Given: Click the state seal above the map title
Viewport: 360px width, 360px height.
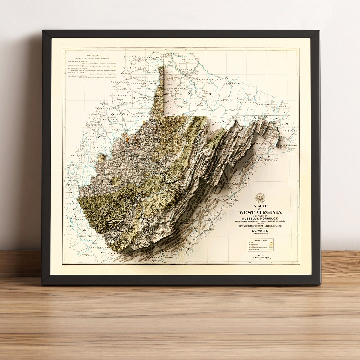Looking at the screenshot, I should [260, 198].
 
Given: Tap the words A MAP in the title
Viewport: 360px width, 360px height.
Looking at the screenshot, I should [260, 206].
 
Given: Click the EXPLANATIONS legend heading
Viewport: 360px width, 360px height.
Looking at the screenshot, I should [260, 240].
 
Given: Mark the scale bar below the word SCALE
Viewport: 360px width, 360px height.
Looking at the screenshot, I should [261, 258].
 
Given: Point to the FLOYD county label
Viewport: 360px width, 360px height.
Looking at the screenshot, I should [70, 230].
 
